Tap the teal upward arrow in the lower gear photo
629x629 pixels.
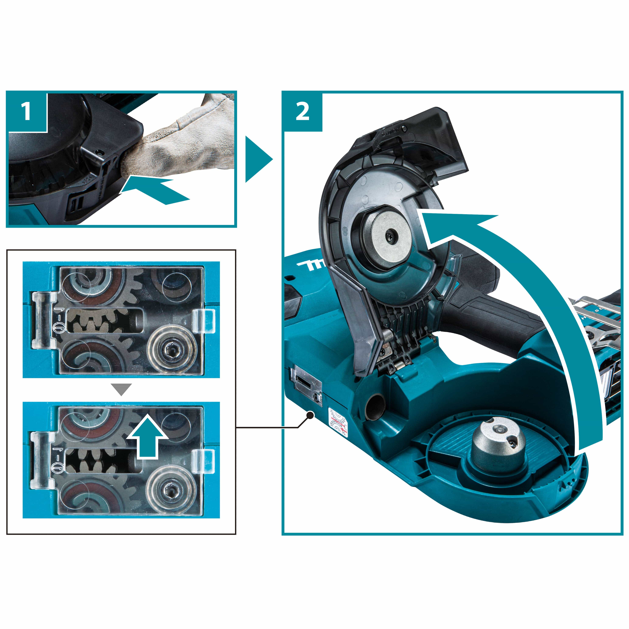[x=147, y=437]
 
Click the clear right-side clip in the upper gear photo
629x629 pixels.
[x=204, y=321]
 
